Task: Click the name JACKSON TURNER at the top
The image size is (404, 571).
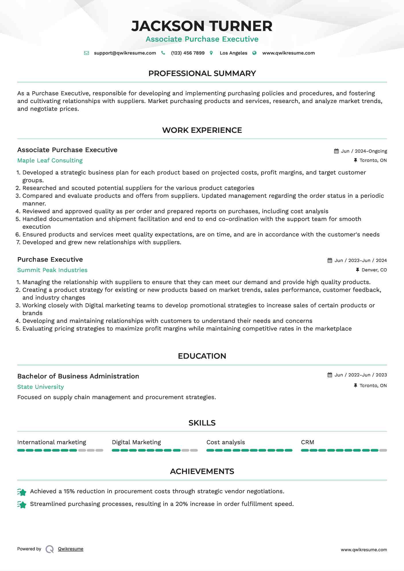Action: point(202,26)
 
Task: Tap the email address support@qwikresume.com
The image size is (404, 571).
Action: point(125,53)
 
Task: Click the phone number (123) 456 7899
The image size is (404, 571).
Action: point(188,53)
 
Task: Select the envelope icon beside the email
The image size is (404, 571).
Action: point(86,53)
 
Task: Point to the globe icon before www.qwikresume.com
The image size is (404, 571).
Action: point(254,53)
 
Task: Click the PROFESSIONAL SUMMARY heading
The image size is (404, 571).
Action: point(202,73)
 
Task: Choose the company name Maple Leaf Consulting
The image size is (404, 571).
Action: point(50,160)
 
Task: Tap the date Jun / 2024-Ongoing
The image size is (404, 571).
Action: point(364,151)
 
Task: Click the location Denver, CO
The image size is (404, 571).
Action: point(374,270)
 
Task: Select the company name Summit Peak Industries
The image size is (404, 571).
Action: point(52,270)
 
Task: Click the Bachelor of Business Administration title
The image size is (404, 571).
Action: point(78,376)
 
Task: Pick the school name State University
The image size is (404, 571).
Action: point(40,387)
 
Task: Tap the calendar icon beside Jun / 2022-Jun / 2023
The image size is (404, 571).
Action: point(330,375)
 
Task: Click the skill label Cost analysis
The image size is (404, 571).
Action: point(226,442)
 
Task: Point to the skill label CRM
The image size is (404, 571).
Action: point(308,442)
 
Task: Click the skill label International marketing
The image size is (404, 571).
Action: point(52,442)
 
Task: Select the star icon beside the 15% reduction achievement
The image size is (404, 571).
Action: point(22,492)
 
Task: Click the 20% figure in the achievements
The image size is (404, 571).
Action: point(181,504)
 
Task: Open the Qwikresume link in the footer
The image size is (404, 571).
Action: point(71,549)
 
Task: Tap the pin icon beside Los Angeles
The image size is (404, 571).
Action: point(211,53)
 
